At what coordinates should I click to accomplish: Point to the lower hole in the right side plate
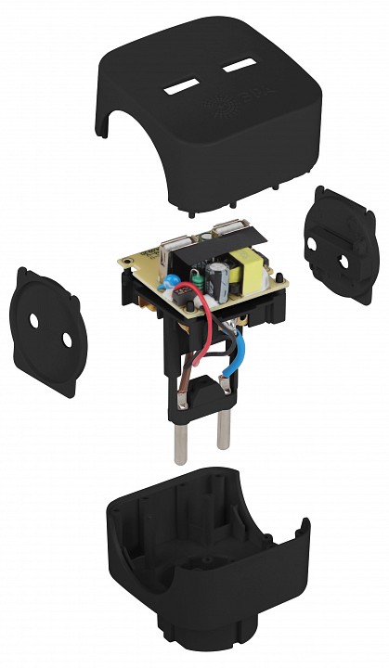coord(344,263)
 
